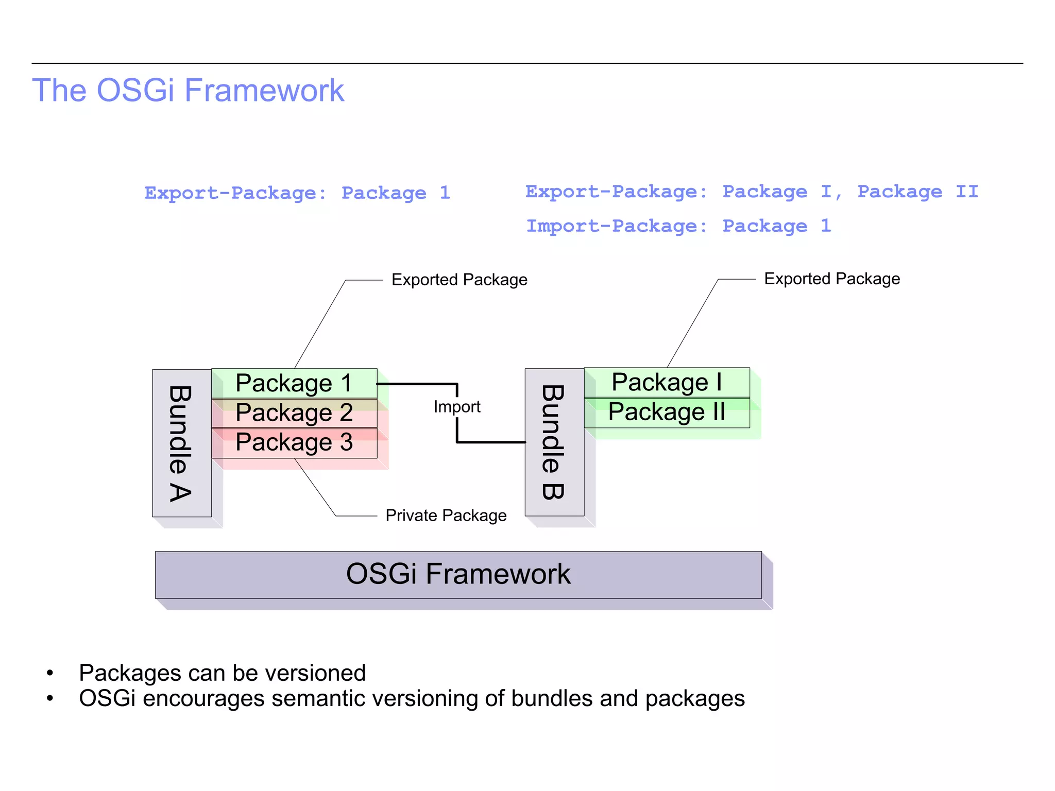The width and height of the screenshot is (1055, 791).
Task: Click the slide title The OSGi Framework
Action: (x=188, y=91)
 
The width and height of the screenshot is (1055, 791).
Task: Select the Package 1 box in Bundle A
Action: (x=294, y=383)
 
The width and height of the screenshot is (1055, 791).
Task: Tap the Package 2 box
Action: (x=294, y=413)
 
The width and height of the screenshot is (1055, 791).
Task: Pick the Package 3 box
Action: (x=294, y=443)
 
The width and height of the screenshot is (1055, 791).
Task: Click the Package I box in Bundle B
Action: (x=667, y=382)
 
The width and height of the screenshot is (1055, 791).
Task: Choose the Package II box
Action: (x=667, y=412)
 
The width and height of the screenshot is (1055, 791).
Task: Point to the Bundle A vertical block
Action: (x=181, y=443)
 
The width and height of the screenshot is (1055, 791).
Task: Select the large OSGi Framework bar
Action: (x=458, y=575)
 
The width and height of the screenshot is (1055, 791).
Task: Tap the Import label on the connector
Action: (x=456, y=407)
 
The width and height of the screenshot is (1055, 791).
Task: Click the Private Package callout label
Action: (x=446, y=515)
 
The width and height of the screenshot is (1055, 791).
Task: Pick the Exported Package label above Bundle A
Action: (x=459, y=280)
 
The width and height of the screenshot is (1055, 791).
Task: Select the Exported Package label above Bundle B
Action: (x=831, y=279)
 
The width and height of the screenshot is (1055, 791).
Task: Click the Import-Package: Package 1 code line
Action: (x=678, y=226)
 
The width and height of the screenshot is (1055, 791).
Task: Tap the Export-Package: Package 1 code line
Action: (x=297, y=193)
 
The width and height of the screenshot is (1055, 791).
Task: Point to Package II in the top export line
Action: (x=917, y=192)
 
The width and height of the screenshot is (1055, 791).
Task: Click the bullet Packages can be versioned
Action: (x=222, y=673)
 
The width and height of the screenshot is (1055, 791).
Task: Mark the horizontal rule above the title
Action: (x=527, y=63)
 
